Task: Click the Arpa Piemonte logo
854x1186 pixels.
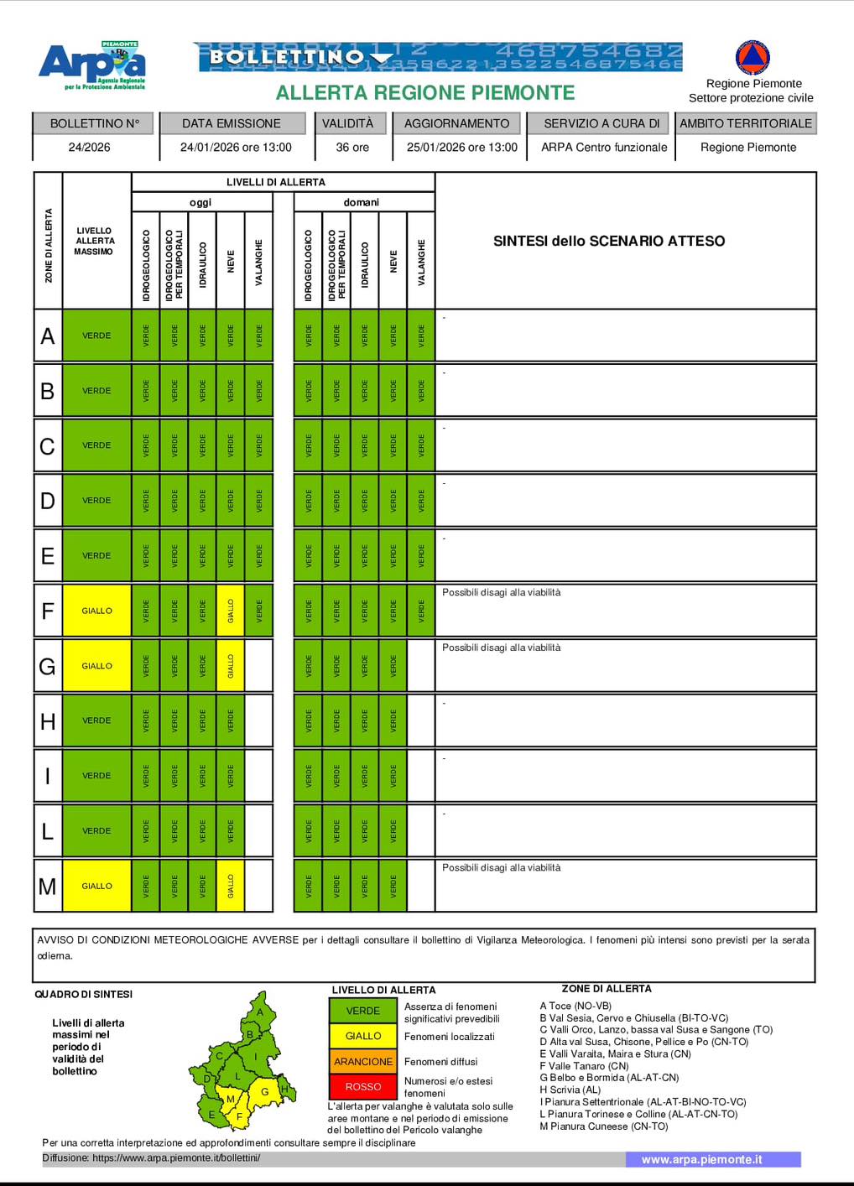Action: [92, 65]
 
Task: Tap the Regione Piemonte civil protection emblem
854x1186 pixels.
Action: [752, 58]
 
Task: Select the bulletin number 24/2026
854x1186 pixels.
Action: [90, 147]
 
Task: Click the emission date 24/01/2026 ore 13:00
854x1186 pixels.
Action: [236, 147]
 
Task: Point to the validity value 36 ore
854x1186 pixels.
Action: [352, 147]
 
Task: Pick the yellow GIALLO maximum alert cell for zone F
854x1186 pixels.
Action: [96, 611]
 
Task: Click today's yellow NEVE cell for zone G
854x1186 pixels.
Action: [231, 666]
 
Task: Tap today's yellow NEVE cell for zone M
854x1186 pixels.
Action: [231, 886]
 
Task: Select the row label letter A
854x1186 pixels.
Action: [48, 336]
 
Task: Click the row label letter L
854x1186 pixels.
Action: [48, 831]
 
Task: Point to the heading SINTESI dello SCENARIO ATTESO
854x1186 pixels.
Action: [609, 241]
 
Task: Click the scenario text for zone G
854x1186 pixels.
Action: [502, 648]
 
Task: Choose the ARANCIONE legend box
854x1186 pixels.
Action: [363, 1061]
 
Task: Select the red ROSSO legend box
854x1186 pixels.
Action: [363, 1086]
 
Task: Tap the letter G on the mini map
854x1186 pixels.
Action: [265, 1091]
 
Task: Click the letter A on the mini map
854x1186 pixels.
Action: [260, 1012]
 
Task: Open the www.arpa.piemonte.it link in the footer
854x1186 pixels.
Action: [701, 1159]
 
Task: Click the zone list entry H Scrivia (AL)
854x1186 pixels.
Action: [570, 1090]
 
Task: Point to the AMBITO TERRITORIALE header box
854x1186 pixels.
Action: [746, 123]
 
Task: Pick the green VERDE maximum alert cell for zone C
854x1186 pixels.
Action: [96, 445]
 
